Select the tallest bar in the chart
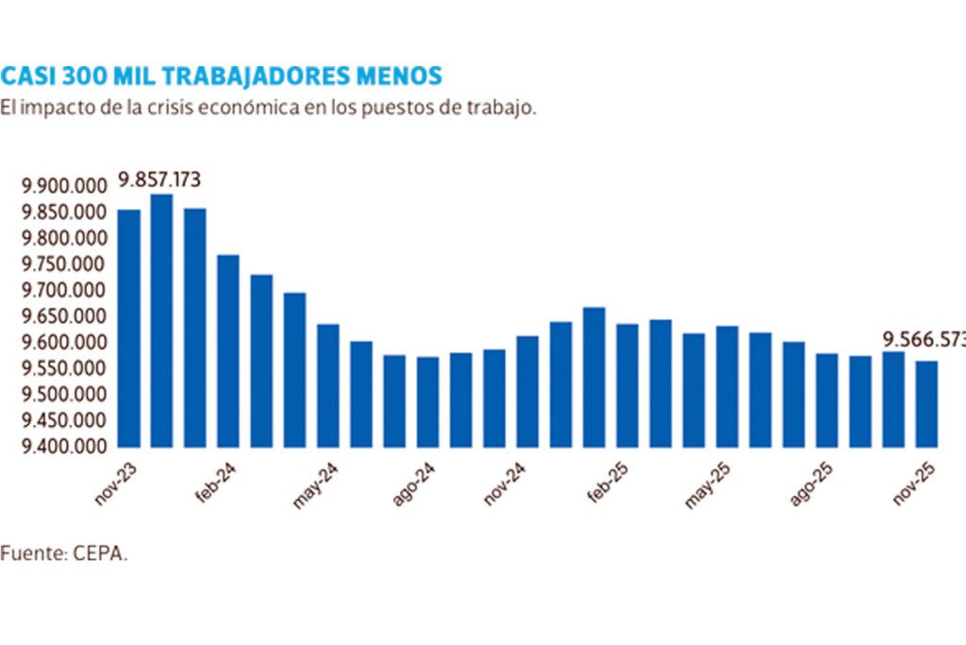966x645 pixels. pyautogui.click(x=161, y=320)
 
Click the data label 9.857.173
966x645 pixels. pyautogui.click(x=159, y=179)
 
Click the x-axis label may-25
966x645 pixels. pyautogui.click(x=708, y=485)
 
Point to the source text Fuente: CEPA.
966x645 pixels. pyautogui.click(x=64, y=553)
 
